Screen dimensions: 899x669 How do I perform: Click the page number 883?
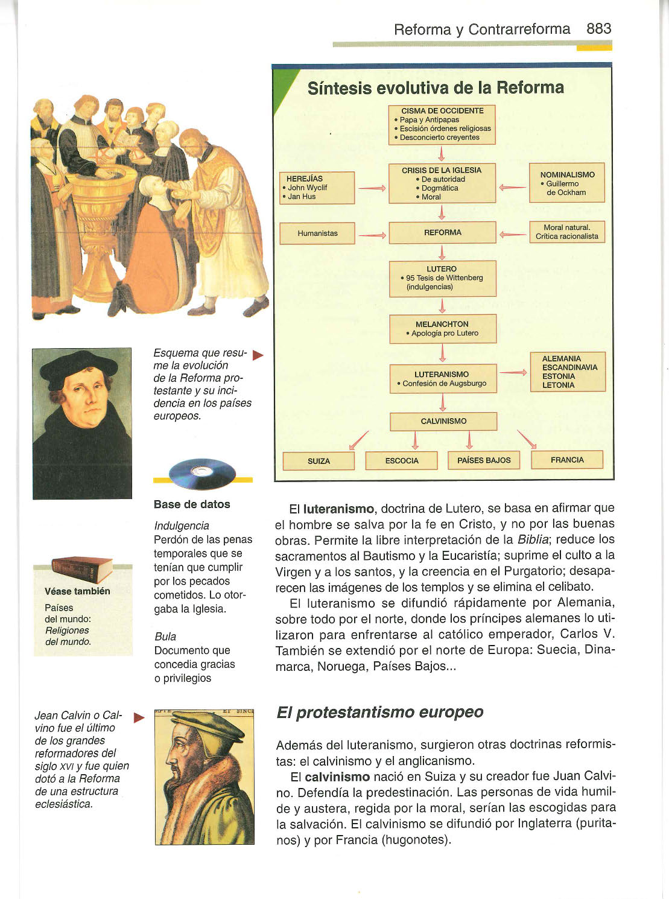click(598, 28)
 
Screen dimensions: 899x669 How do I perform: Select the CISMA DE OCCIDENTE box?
click(442, 124)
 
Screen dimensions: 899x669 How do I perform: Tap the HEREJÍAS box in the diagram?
click(317, 188)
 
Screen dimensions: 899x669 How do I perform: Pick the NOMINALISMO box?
click(566, 183)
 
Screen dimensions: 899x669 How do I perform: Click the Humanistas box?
click(317, 233)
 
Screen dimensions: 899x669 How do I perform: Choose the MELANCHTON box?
click(442, 329)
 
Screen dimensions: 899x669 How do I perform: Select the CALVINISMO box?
click(443, 421)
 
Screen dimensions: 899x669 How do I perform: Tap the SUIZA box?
click(319, 461)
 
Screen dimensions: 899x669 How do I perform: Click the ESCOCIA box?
click(402, 460)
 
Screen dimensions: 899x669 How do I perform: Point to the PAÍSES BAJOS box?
click(484, 460)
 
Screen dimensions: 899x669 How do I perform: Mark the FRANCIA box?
click(567, 460)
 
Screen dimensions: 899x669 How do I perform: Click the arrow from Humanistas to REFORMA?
click(372, 234)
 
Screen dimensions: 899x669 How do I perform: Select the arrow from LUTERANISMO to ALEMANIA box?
click(513, 373)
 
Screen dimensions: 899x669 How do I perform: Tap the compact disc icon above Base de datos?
click(202, 474)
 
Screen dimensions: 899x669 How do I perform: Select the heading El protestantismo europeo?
click(379, 712)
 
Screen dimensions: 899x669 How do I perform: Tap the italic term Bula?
click(165, 636)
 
